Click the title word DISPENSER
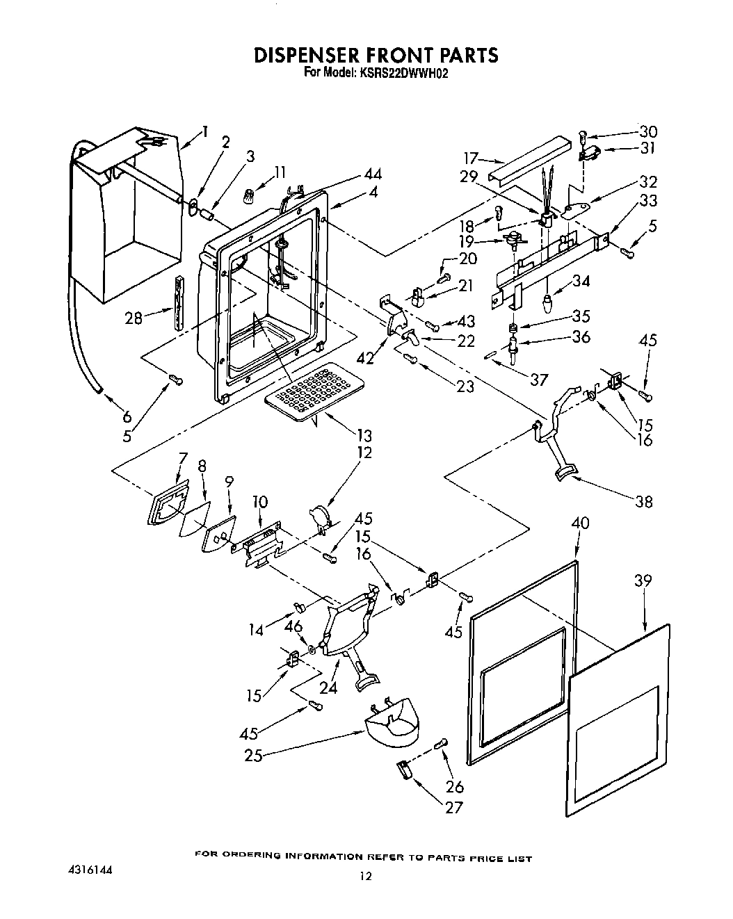point(310,55)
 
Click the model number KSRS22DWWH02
point(402,70)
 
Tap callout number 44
point(372,174)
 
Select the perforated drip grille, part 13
point(313,392)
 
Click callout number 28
point(134,318)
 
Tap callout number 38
point(644,501)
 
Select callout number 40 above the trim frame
point(579,522)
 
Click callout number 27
point(453,808)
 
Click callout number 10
point(259,501)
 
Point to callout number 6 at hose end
point(127,417)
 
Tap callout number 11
point(280,171)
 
